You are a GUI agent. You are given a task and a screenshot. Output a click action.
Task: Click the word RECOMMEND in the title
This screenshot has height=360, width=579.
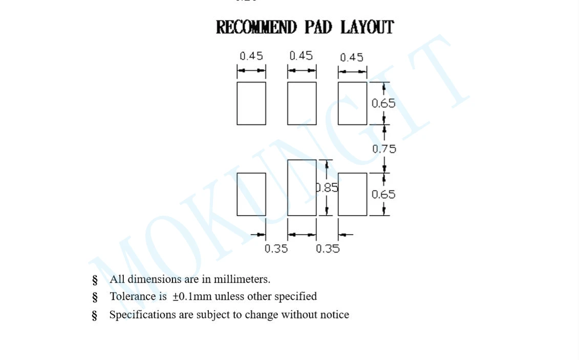point(256,27)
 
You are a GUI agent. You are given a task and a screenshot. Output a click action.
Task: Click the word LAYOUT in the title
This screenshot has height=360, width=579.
point(367,27)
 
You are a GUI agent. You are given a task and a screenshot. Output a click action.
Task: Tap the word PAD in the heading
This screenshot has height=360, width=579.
point(318,27)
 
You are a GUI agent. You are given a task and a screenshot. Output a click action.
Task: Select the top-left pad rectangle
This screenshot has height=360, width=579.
point(251,103)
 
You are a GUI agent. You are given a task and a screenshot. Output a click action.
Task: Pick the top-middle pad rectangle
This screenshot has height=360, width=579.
point(302,103)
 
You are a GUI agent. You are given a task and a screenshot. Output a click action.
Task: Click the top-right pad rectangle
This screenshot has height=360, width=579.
point(352,103)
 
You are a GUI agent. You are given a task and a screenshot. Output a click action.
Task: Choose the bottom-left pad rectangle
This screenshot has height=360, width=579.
point(251,194)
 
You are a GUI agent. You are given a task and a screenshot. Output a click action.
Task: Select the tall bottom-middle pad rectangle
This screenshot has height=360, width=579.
point(302,187)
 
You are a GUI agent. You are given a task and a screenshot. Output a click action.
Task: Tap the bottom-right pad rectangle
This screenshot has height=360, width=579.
point(352,194)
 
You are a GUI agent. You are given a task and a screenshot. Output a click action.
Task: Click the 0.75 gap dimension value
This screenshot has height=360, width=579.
point(384,149)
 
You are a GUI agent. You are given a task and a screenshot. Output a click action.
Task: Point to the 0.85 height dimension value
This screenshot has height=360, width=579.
point(328,188)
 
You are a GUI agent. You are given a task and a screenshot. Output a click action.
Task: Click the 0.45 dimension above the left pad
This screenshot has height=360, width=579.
point(251,56)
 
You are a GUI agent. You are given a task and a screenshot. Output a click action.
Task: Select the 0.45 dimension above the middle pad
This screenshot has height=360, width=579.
point(301,56)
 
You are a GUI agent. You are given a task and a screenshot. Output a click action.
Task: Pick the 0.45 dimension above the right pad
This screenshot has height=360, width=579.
point(352,57)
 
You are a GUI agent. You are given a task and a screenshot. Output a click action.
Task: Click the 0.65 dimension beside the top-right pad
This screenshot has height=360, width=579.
point(383,103)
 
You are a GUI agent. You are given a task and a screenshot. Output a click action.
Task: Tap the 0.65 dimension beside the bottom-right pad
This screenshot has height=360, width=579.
point(383,195)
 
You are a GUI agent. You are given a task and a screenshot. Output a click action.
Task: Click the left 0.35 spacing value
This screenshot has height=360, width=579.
point(276,249)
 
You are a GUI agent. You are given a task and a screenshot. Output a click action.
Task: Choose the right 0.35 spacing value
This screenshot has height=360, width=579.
point(328,249)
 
